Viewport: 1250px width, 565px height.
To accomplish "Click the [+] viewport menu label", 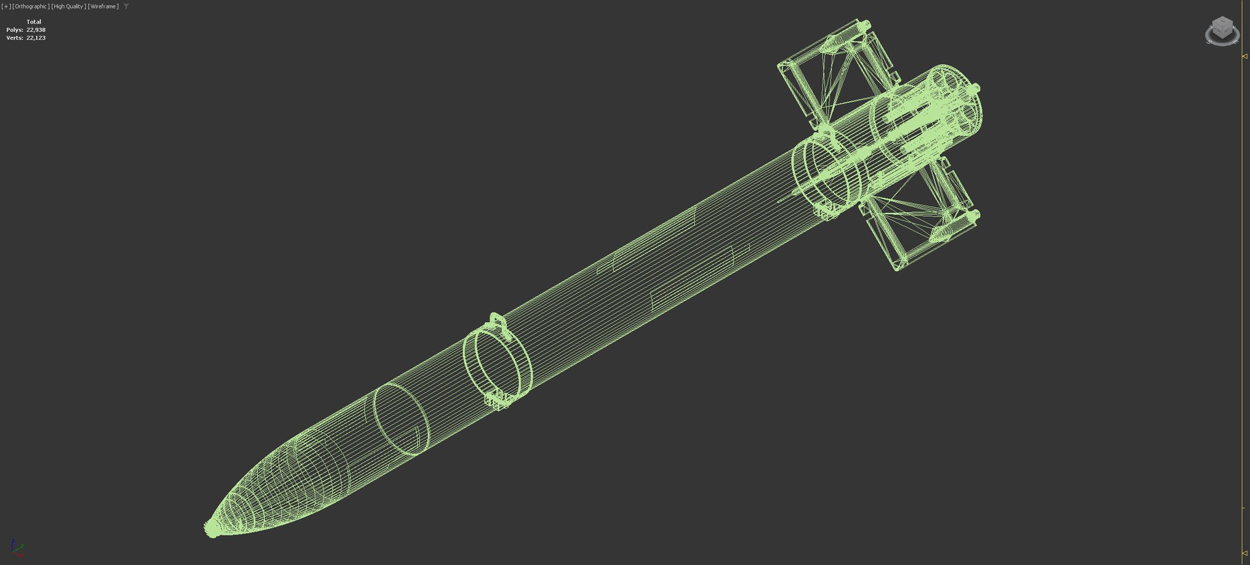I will point(6,7).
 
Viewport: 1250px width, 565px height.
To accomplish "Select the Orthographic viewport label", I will point(31,7).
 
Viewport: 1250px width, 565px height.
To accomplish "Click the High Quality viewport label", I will point(68,7).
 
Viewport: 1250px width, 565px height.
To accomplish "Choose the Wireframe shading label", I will point(103,7).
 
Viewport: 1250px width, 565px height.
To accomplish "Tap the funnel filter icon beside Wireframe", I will point(126,7).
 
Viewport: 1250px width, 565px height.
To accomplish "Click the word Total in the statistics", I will point(34,21).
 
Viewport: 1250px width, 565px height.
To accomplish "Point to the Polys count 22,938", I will point(36,30).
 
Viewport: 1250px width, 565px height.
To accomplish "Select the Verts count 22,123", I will point(36,38).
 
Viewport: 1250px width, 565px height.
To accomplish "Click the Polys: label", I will point(14,30).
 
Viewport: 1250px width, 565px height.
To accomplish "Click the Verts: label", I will point(14,38).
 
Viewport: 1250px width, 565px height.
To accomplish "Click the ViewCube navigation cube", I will point(1222,30).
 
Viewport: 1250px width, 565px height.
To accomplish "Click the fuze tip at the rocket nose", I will point(212,528).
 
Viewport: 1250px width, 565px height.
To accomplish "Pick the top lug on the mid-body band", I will point(496,320).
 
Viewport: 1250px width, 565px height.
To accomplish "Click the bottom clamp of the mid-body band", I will point(499,400).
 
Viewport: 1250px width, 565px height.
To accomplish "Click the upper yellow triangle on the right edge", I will point(1245,57).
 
